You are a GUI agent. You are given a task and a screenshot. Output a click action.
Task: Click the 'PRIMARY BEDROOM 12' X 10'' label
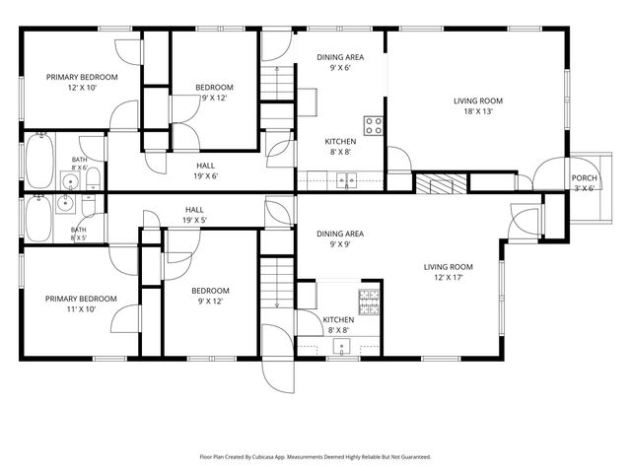(82, 83)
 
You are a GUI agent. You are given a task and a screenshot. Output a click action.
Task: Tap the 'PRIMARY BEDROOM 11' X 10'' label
(81, 304)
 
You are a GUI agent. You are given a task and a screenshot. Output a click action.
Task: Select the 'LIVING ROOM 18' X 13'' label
(478, 106)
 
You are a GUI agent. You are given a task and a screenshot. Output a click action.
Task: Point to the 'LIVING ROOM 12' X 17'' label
(448, 272)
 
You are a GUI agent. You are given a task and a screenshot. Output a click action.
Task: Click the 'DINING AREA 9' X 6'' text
(340, 62)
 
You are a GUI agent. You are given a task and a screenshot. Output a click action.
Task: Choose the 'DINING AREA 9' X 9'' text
(340, 238)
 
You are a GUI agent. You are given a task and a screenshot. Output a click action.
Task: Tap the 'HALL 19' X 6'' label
(206, 170)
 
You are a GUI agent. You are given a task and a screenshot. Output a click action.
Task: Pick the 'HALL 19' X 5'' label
(195, 215)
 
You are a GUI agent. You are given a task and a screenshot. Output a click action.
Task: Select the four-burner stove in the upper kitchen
(373, 125)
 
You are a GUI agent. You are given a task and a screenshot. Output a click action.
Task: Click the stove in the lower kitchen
(369, 303)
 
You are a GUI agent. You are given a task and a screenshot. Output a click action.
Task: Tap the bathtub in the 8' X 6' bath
(39, 161)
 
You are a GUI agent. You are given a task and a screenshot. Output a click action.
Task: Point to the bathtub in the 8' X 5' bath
(39, 219)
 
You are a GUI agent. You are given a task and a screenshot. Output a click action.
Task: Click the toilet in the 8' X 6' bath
(93, 179)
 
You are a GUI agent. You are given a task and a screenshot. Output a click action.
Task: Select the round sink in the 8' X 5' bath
(65, 204)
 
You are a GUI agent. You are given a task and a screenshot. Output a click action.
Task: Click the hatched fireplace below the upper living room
(441, 183)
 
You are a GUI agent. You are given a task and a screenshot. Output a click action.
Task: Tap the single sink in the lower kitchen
(342, 347)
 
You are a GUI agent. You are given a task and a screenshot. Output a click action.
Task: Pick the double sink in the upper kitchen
(347, 180)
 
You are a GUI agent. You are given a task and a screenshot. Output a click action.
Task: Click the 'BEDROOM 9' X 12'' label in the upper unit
(214, 93)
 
